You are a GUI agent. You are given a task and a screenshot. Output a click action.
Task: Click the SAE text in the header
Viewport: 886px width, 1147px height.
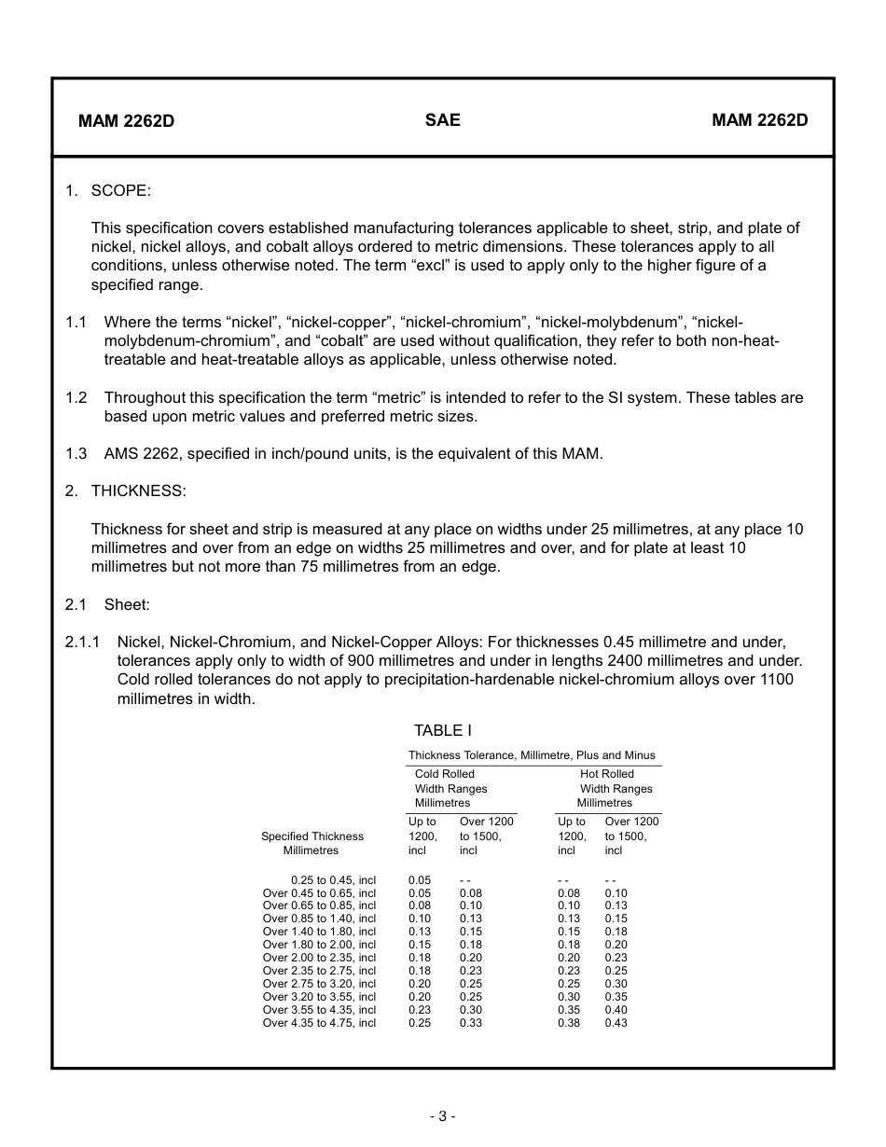[x=442, y=120]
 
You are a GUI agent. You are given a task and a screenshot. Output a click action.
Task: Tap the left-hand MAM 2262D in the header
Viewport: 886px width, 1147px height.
[x=126, y=121]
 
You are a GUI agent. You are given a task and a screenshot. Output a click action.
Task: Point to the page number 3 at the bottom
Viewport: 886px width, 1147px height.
[x=442, y=1116]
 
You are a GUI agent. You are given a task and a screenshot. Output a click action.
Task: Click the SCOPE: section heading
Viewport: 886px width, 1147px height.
[x=120, y=190]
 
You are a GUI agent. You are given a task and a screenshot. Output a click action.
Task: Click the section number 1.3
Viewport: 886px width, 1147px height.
[x=76, y=454]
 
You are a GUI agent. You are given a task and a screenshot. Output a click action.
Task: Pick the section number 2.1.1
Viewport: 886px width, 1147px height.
[x=82, y=642]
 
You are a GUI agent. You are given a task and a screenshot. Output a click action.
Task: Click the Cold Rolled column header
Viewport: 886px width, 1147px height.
[x=445, y=774]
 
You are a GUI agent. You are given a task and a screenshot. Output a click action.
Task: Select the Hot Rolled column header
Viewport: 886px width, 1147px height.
[x=606, y=774]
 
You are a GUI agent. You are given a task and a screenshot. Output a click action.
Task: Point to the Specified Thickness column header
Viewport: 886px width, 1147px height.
[x=311, y=836]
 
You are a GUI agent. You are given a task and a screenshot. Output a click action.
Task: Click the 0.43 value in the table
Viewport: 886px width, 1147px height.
[x=616, y=1023]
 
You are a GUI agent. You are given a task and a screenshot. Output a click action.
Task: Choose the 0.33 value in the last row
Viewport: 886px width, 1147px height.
[x=471, y=1023]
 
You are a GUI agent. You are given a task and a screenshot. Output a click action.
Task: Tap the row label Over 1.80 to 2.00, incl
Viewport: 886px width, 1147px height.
[x=319, y=945]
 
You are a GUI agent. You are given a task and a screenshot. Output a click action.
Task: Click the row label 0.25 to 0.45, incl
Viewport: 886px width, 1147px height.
[x=333, y=879]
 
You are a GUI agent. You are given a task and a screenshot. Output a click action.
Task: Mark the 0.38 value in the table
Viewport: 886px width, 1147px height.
[x=569, y=1023]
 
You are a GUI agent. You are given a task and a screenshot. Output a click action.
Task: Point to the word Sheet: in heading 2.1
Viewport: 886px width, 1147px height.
[x=127, y=604]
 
